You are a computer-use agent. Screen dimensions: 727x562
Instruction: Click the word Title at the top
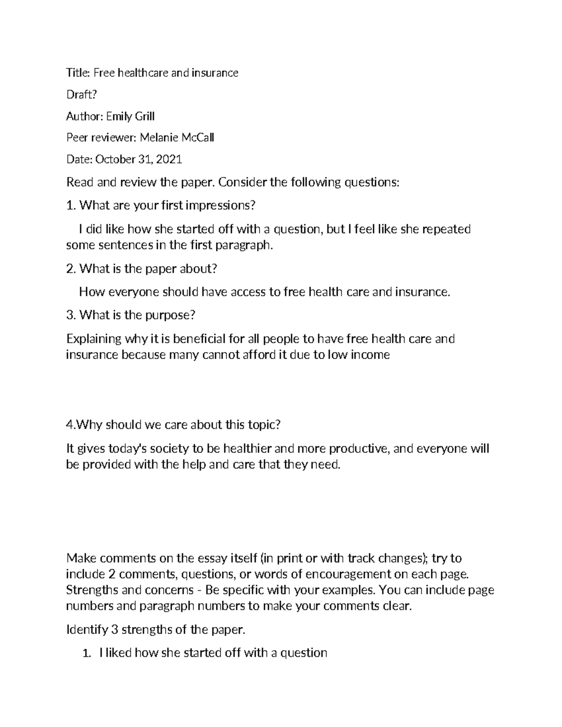[77, 73]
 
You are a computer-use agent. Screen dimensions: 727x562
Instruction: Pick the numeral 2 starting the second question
[70, 269]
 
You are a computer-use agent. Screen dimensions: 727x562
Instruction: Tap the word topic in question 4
[265, 425]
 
